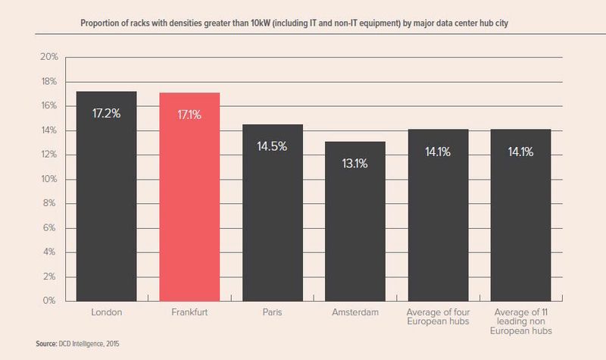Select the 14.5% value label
tap(270, 146)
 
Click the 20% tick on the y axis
tap(48, 58)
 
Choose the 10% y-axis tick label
tap(48, 180)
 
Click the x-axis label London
tap(106, 312)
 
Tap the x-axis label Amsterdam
tap(356, 312)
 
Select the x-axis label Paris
tap(270, 312)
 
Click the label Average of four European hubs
tap(438, 317)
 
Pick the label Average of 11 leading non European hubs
tap(520, 322)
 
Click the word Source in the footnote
tap(49, 344)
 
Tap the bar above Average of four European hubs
tap(438, 220)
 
